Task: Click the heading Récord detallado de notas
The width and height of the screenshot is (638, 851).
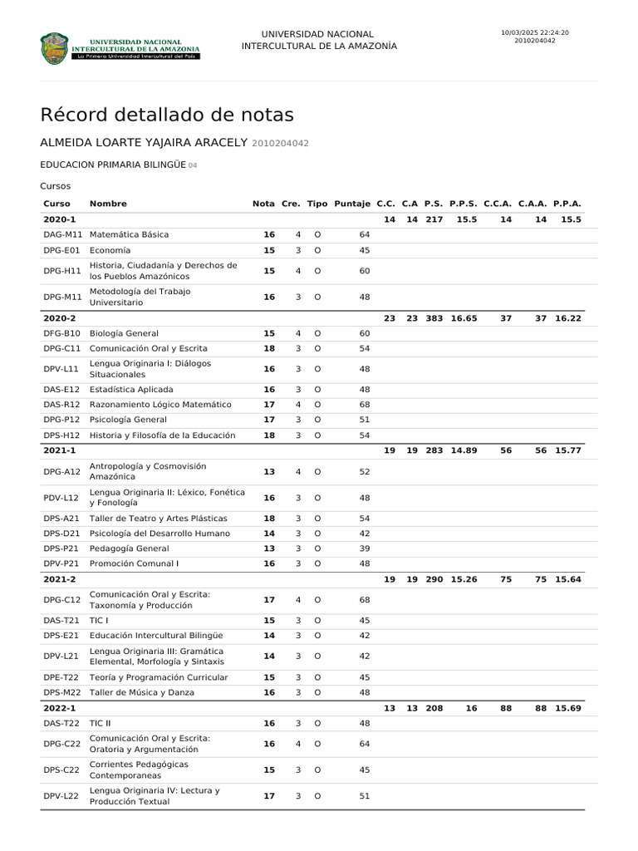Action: (x=167, y=115)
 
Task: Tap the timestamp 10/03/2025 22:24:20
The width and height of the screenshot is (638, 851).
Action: (x=535, y=33)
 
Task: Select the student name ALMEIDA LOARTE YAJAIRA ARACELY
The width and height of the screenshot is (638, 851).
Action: (x=144, y=143)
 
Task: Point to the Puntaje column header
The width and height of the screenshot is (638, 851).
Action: (x=352, y=204)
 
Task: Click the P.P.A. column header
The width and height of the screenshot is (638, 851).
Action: (x=567, y=204)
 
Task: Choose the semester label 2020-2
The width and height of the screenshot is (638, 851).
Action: (x=60, y=318)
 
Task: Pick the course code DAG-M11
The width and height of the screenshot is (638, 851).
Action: (x=63, y=235)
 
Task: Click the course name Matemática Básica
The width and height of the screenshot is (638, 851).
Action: (x=129, y=235)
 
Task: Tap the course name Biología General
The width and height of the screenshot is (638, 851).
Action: (x=124, y=333)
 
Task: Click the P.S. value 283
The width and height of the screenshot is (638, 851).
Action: (x=434, y=450)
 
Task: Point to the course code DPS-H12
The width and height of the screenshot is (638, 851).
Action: (x=62, y=435)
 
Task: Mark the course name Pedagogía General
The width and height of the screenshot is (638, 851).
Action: (x=129, y=548)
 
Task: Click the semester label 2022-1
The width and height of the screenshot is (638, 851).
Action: (x=60, y=708)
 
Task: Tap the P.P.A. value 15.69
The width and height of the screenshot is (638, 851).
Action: (x=568, y=708)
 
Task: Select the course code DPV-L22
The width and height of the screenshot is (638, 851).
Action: (x=61, y=796)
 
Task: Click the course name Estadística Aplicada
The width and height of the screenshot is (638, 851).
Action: (x=131, y=390)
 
